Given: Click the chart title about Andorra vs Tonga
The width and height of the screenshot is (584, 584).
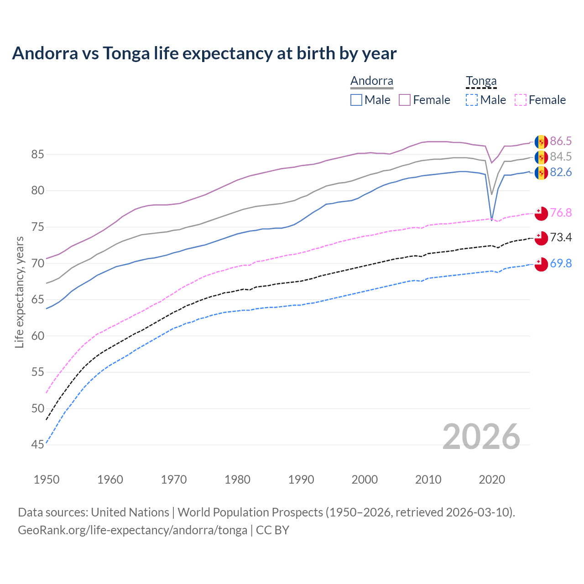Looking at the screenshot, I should coord(204,53).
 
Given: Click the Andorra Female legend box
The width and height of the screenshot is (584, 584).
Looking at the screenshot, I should coord(405,100).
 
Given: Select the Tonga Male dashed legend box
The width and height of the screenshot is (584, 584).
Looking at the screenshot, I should coord(472,100).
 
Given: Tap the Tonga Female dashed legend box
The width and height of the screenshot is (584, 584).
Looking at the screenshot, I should coord(520,100).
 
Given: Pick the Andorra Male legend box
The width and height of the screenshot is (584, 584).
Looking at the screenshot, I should coord(356,100).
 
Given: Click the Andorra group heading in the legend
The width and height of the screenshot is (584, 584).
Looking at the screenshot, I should coord(371,81).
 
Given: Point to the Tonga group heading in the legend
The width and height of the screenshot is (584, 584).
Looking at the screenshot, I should coord(481,81).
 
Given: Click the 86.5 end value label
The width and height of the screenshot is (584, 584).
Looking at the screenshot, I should coord(561,141).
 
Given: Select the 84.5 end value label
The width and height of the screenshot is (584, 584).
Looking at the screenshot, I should coord(561,157).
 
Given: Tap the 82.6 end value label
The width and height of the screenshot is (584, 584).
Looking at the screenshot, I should coord(561,172).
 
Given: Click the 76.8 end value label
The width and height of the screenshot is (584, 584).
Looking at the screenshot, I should coord(561,213).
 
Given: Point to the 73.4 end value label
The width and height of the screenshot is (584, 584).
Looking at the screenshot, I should coord(561,238).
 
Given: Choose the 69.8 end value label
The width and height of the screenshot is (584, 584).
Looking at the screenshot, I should coord(561,264).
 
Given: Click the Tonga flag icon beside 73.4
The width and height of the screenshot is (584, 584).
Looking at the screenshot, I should coord(541,238).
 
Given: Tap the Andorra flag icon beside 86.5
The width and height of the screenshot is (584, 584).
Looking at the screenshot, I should coord(541,142).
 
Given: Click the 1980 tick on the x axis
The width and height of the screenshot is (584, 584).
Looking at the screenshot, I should coord(237,480).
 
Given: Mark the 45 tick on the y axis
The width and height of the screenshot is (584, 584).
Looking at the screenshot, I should coord(37,444).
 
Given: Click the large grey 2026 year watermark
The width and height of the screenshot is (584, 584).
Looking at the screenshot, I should coord(481,437).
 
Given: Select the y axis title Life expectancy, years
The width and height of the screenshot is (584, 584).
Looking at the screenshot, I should coord(19,292).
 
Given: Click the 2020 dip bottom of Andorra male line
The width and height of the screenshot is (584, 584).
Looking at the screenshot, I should coord(491,220).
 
